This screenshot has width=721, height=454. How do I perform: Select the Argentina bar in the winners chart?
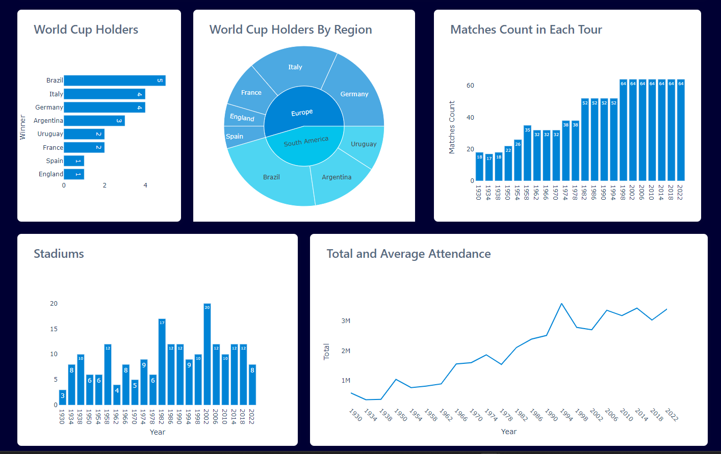click(x=94, y=121)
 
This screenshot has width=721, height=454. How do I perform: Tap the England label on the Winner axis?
click(x=51, y=174)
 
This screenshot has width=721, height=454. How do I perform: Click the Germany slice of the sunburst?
click(x=354, y=94)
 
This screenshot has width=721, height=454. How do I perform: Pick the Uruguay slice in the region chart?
click(x=364, y=144)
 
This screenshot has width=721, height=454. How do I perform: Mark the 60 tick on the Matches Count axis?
click(x=470, y=86)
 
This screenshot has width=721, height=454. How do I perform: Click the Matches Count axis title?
click(x=452, y=127)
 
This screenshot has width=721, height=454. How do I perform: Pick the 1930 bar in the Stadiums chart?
click(x=63, y=397)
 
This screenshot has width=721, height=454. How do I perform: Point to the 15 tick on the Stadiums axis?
click(x=54, y=329)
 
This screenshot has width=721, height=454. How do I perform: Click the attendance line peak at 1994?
click(x=561, y=304)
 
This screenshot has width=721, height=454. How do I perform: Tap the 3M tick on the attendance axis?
click(x=346, y=321)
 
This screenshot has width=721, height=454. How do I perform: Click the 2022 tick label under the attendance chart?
click(x=672, y=415)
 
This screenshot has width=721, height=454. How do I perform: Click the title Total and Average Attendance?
click(x=408, y=254)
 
